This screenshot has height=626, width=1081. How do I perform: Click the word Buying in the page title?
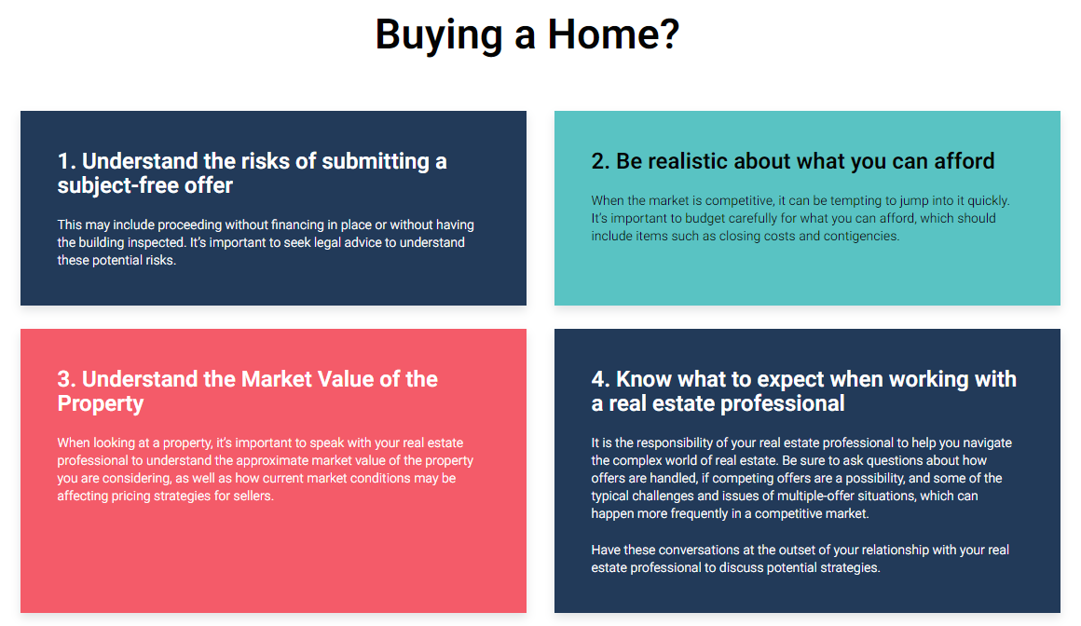439,35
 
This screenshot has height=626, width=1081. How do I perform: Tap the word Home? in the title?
613,34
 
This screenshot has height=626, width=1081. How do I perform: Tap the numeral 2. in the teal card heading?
601,161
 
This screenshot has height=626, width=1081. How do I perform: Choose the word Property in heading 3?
101,404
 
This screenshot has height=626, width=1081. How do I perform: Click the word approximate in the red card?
281,460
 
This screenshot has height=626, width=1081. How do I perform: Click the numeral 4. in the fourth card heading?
601,379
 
